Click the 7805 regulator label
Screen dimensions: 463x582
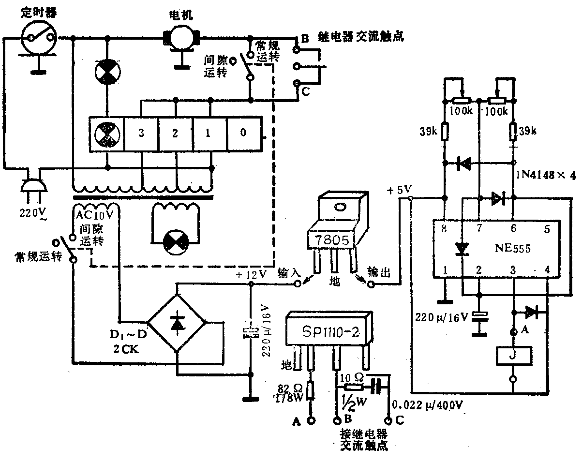point(332,239)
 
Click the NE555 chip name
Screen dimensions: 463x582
point(512,249)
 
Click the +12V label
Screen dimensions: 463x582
point(252,275)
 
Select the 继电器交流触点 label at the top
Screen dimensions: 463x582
point(360,36)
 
